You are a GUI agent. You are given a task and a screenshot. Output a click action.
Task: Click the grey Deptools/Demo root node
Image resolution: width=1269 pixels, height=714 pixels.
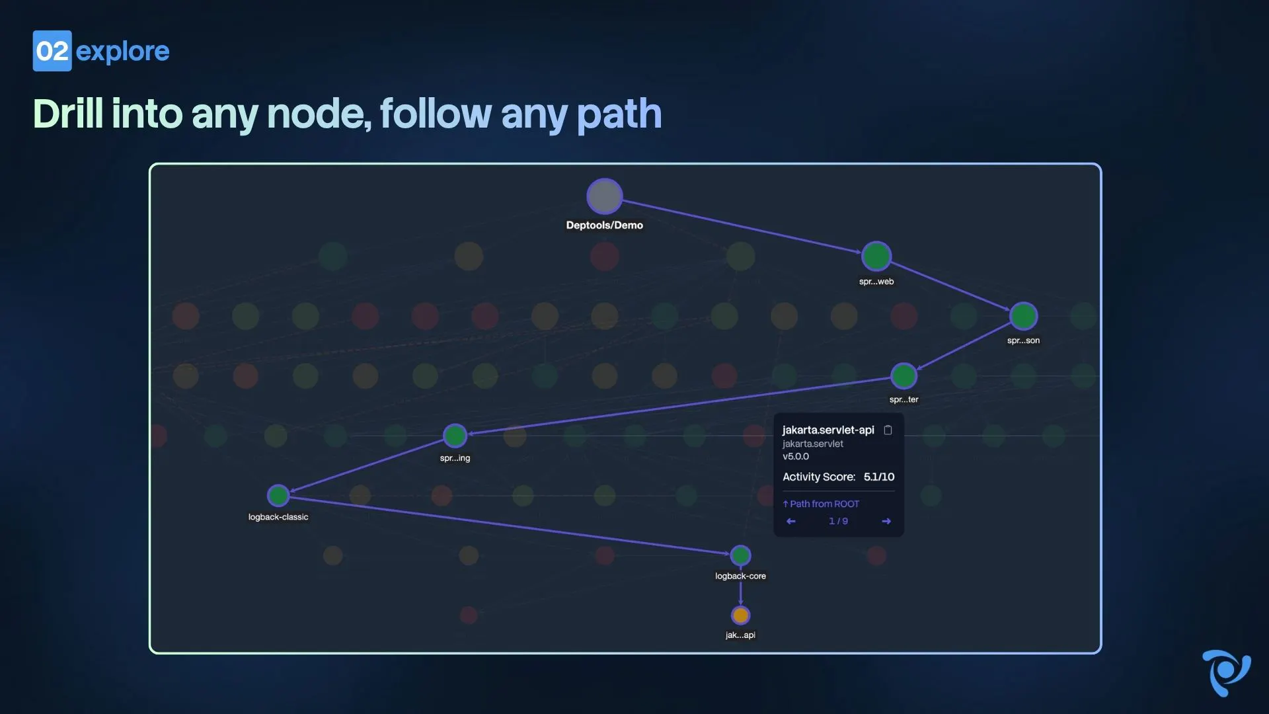tap(604, 196)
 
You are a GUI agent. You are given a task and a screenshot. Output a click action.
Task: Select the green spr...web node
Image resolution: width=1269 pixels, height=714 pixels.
tap(876, 257)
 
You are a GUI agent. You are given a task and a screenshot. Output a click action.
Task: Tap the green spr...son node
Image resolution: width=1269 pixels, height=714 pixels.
tap(1023, 316)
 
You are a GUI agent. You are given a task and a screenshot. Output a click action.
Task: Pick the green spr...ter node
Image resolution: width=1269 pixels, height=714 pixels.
tap(904, 376)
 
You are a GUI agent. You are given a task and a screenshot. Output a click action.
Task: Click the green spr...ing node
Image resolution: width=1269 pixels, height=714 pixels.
tap(455, 436)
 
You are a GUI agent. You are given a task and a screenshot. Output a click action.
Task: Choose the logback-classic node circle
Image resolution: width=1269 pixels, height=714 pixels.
tap(278, 495)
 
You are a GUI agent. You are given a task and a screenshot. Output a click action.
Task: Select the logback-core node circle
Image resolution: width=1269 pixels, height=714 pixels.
tap(740, 555)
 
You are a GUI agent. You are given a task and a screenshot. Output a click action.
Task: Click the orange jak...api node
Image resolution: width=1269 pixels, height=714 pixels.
tap(740, 615)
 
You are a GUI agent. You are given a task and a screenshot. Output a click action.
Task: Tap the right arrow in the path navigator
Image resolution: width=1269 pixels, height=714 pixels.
tap(886, 522)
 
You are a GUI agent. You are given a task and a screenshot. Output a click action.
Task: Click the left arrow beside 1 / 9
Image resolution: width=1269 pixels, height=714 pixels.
tap(791, 522)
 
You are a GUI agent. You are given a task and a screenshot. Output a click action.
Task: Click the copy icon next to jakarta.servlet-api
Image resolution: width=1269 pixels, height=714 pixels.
tap(888, 430)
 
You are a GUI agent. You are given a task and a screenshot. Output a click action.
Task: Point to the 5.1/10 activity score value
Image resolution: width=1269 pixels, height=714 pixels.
tap(879, 477)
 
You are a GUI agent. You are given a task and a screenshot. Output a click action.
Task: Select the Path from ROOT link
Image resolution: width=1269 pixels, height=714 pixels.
tap(821, 504)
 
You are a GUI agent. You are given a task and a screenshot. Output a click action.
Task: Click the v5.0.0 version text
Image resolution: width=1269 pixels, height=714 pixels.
tap(796, 456)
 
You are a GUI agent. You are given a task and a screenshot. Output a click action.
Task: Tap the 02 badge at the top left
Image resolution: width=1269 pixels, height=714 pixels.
tap(52, 51)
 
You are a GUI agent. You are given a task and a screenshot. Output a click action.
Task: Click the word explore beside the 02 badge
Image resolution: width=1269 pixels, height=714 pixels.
tap(123, 52)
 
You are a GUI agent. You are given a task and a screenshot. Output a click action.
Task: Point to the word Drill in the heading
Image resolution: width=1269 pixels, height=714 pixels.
tap(68, 114)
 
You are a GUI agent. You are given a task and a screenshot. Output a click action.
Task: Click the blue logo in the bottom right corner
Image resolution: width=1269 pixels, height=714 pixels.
tap(1226, 673)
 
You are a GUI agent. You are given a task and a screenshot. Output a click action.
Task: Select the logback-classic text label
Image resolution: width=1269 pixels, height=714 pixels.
tap(278, 517)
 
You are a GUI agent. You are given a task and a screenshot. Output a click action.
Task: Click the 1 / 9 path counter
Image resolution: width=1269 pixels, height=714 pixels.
tap(838, 521)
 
